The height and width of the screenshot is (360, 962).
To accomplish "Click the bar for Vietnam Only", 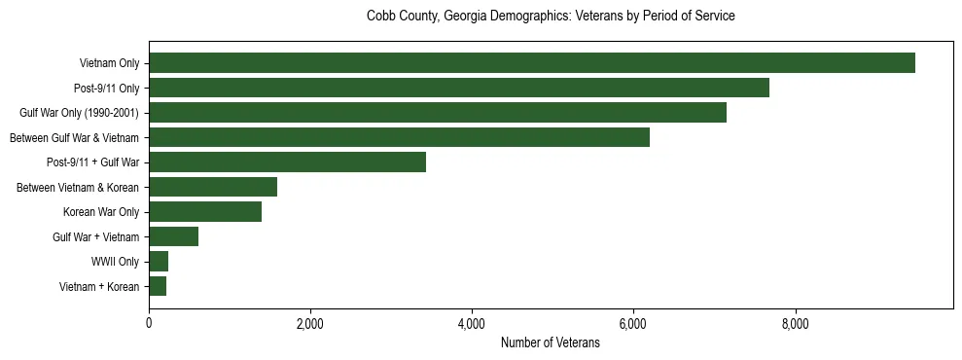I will click(531, 63).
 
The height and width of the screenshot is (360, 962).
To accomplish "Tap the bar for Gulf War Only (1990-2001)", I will click(437, 113).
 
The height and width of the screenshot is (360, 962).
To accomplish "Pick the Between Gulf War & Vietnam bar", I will click(399, 137).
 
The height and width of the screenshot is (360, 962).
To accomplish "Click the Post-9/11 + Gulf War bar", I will click(287, 162).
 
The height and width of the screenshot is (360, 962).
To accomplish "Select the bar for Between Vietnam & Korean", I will click(213, 187).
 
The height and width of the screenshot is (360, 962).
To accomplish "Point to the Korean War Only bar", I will click(205, 212).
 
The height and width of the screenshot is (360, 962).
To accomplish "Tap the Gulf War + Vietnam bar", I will click(173, 236).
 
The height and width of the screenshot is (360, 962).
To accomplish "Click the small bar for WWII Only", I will click(159, 262).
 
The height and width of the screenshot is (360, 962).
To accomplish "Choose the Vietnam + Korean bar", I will click(158, 286).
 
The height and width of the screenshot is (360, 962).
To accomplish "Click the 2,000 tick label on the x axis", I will click(310, 324).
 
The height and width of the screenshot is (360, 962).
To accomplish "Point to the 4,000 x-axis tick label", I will click(472, 324).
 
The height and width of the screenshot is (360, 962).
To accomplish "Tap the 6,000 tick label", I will click(633, 324).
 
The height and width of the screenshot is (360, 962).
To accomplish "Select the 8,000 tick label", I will click(795, 324).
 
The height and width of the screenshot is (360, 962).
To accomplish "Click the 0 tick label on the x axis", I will click(149, 324).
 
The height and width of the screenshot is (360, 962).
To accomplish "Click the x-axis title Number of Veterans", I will click(550, 343).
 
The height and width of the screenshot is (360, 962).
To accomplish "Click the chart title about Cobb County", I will click(550, 17).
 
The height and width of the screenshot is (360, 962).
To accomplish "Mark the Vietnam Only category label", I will click(109, 63).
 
